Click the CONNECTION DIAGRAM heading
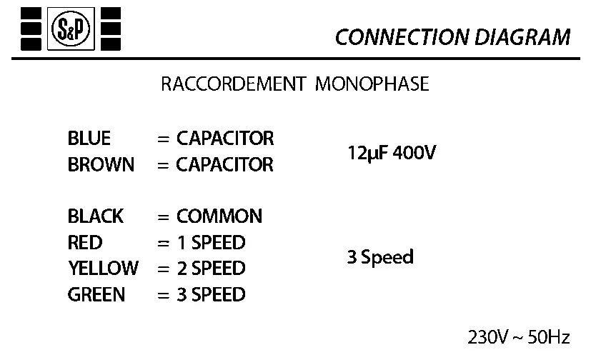point(452,37)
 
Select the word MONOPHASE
point(372,84)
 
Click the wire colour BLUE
point(89,138)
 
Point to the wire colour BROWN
point(101,164)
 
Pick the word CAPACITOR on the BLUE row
point(225,138)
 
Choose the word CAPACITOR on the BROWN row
point(225,164)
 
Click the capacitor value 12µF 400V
point(391,153)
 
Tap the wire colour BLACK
point(96,216)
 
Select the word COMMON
point(219,216)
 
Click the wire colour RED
point(85,242)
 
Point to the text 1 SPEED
point(211,242)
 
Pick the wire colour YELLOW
point(103,269)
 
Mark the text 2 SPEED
point(211,269)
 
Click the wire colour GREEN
point(96,294)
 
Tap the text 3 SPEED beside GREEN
point(211,294)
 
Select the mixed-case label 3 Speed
point(380,257)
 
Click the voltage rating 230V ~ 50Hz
point(519,336)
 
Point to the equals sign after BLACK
point(163,216)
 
